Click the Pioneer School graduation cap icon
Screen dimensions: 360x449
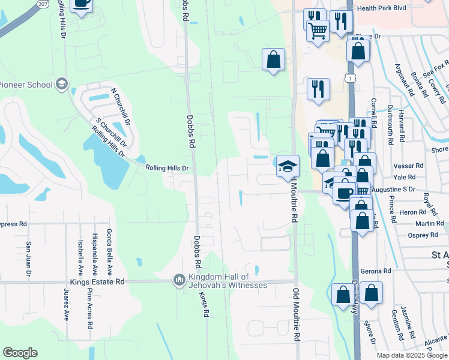tap(61, 85)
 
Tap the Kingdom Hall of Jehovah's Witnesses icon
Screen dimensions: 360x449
tap(179, 280)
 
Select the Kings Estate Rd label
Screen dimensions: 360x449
tap(97, 281)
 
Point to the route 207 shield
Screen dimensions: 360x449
tap(43, 4)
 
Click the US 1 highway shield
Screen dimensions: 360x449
tap(349, 78)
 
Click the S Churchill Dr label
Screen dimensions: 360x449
tap(111, 133)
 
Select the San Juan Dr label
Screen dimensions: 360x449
tap(29, 259)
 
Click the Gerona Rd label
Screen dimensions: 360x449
tap(376, 271)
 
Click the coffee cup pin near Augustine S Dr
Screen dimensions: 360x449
tap(345, 193)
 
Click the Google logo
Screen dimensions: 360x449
tap(20, 353)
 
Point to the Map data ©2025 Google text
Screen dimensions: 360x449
tap(411, 355)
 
